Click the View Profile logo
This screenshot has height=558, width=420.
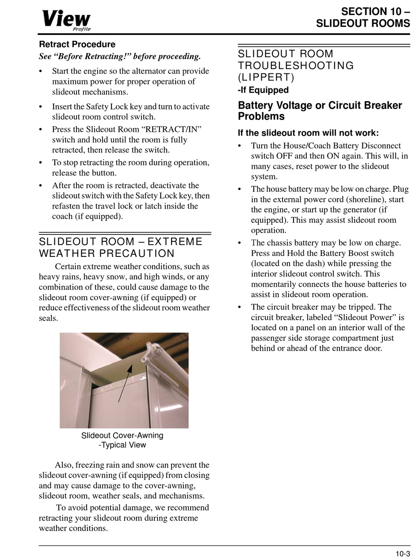(x=66, y=20)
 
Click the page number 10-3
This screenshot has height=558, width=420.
(x=403, y=554)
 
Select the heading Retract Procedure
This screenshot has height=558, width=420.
(x=77, y=45)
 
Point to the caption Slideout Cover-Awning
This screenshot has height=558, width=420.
(x=122, y=436)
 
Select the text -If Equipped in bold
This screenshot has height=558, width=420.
(x=263, y=90)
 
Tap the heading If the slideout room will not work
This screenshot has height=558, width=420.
(x=308, y=133)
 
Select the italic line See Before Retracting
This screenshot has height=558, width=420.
(x=120, y=57)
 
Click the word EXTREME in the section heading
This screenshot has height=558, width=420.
(x=175, y=242)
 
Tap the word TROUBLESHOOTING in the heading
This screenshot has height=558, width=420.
(x=296, y=66)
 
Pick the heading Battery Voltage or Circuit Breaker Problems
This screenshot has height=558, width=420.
(x=320, y=111)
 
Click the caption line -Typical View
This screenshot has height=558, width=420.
(x=122, y=445)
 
